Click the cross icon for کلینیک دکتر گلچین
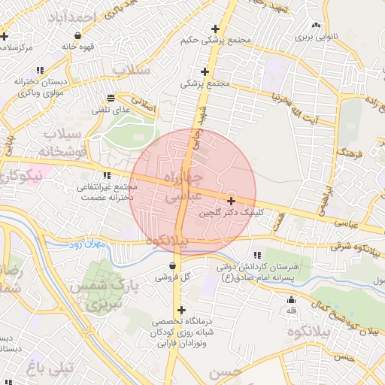(231, 201)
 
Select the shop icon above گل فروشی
(174, 265)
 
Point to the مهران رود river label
(86, 244)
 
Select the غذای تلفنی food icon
(111, 98)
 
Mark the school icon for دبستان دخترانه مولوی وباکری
(39, 71)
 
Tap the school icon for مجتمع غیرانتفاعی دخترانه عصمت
(115, 175)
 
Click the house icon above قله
(291, 299)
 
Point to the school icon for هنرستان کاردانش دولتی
(258, 256)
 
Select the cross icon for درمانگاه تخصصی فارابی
(180, 310)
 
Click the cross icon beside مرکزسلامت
(5, 35)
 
